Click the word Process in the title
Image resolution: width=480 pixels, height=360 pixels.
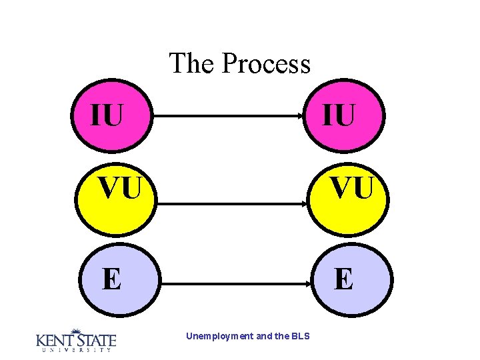click(x=266, y=64)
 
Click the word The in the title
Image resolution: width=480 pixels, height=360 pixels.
click(x=192, y=64)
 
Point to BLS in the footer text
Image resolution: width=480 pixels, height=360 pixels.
click(x=300, y=337)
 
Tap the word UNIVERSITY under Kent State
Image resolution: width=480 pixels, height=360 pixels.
click(x=75, y=349)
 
